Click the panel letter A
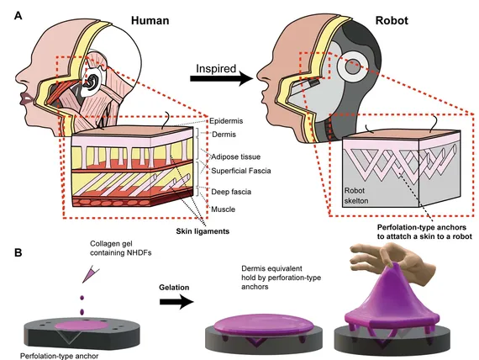tap(18, 15)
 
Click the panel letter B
tap(18, 252)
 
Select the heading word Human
tap(150, 20)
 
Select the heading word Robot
tap(392, 20)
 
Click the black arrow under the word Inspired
tap(222, 78)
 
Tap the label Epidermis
tap(226, 121)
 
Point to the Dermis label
tap(224, 135)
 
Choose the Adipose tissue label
tap(236, 157)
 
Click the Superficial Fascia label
tap(241, 171)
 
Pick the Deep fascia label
tap(231, 192)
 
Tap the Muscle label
tap(224, 209)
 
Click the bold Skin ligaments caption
tap(203, 231)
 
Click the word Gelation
tap(174, 288)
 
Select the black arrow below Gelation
tap(176, 302)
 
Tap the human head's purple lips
tap(24, 98)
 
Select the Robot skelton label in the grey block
tap(356, 196)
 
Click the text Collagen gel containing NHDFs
tap(121, 248)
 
